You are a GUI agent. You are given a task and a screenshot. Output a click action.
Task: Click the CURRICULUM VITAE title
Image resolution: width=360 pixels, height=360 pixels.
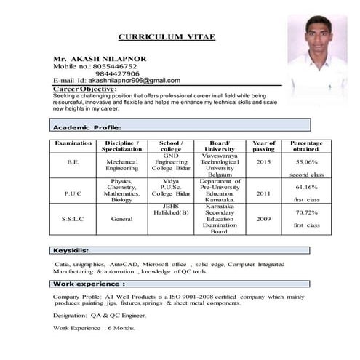167,36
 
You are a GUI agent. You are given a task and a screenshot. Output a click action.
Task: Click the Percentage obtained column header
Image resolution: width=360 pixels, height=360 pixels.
306,147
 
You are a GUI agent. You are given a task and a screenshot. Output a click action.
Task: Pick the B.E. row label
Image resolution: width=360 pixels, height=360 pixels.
73,162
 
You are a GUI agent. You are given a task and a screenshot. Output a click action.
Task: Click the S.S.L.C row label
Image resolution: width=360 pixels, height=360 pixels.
73,218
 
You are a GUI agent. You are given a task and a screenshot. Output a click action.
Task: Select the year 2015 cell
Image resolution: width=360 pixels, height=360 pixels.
263,162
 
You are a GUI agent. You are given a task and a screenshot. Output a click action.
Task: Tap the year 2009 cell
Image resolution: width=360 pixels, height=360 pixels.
263,218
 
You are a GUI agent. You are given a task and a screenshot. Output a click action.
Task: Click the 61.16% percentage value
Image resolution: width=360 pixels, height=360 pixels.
306,187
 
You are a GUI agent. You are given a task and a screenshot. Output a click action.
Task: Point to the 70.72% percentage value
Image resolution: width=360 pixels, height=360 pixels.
306,212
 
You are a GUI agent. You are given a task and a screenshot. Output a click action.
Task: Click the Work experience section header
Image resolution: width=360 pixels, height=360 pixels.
89,283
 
